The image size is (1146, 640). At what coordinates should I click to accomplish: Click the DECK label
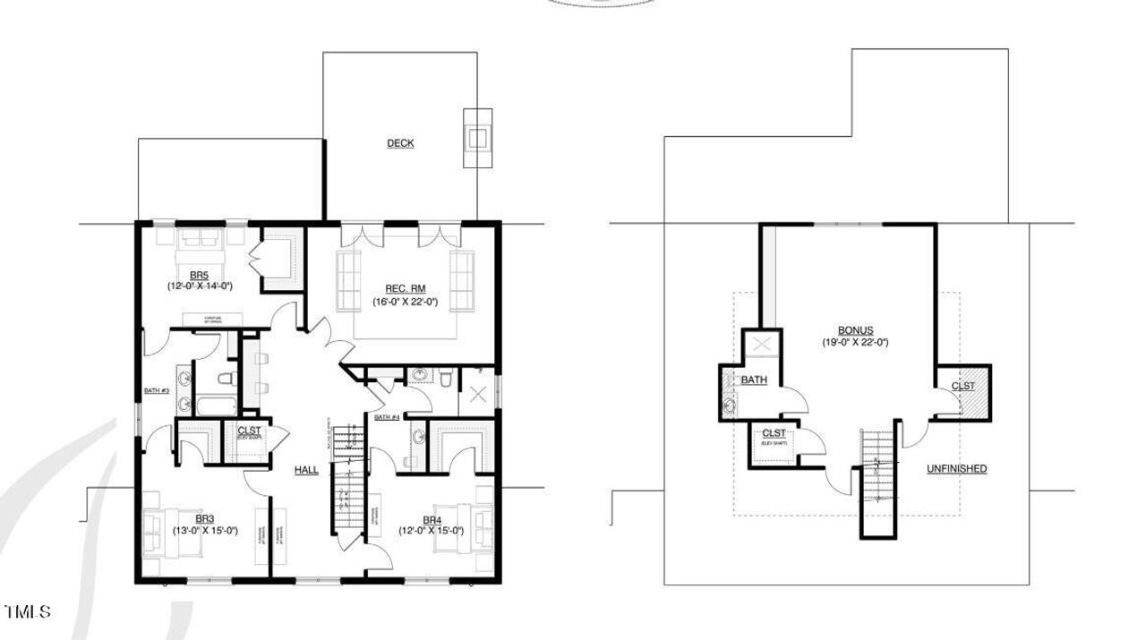[400, 143]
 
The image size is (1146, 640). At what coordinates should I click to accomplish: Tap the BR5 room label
[199, 274]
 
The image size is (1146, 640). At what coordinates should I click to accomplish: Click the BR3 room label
[204, 518]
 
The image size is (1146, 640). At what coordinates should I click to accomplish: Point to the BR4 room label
[432, 519]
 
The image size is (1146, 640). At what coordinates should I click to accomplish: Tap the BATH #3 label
[157, 390]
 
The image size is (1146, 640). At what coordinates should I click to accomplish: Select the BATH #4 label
[386, 417]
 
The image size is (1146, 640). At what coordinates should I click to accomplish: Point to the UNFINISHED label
[956, 469]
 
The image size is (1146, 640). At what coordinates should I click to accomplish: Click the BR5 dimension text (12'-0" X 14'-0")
[199, 286]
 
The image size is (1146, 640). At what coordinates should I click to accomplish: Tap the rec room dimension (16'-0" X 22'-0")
[405, 302]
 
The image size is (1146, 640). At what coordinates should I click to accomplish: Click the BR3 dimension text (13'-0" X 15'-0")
[204, 530]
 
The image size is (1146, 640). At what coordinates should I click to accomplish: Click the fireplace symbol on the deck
[478, 138]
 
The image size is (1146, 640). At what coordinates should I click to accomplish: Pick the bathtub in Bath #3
[213, 407]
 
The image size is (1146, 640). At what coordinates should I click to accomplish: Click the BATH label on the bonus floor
[754, 380]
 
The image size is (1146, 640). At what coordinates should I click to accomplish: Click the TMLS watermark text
[28, 612]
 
